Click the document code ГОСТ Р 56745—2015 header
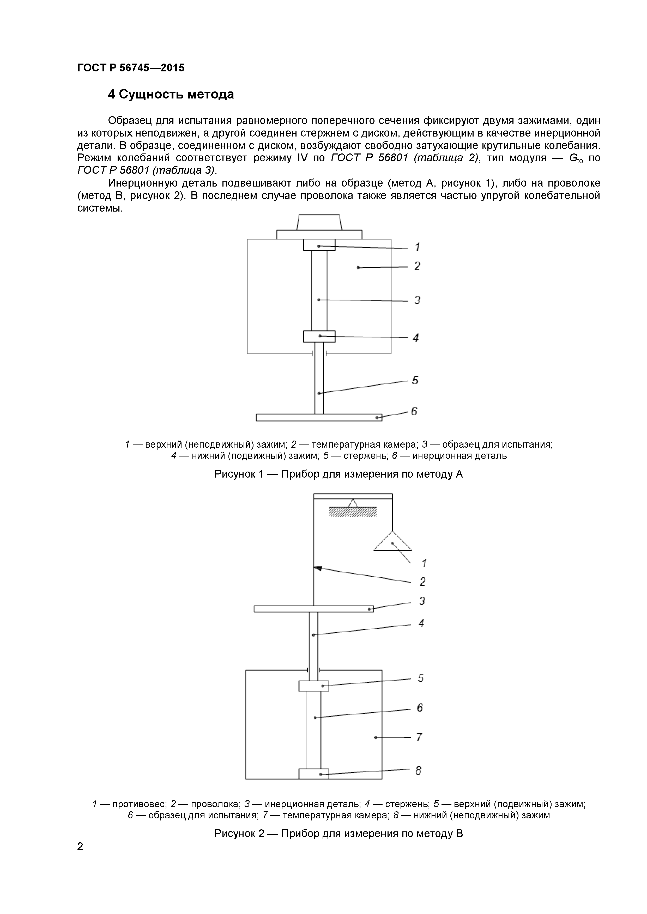tap(131, 68)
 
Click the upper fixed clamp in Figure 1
tap(319, 245)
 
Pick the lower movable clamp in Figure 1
tap(319, 336)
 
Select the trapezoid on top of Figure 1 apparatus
tap(319, 222)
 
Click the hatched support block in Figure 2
tap(353, 511)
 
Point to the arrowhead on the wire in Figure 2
tap(317, 568)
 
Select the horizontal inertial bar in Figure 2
tap(313, 609)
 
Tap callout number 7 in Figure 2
tap(419, 738)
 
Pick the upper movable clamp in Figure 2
tap(313, 686)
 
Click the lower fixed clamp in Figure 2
tap(313, 774)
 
